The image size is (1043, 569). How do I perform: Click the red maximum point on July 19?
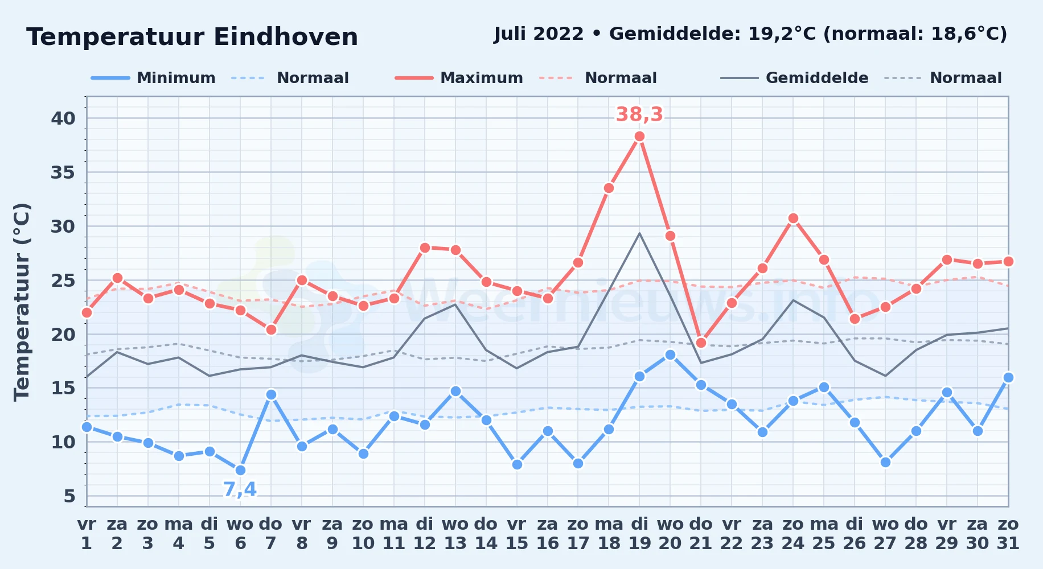coord(639,137)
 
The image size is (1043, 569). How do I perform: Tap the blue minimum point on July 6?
coord(240,470)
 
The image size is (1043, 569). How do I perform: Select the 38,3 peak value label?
coord(639,114)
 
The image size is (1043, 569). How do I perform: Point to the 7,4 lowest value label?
coord(240,489)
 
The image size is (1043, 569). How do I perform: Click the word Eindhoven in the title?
coord(286,37)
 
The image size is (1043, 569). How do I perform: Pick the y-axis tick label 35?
coord(63,172)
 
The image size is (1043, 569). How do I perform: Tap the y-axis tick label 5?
coord(69,496)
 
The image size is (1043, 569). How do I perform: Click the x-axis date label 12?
coord(424,543)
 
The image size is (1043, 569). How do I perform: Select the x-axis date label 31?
coord(1008,543)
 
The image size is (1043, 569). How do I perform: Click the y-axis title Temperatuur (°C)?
coord(22,302)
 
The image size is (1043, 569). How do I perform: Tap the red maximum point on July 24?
coord(793,218)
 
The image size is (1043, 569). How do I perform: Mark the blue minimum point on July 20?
coord(670,354)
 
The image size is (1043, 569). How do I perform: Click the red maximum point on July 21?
coord(701,343)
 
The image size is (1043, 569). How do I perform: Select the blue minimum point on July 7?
coord(271,394)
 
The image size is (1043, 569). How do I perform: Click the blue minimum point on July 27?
coord(885,462)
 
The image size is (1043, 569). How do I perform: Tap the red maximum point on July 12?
coord(424,248)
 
